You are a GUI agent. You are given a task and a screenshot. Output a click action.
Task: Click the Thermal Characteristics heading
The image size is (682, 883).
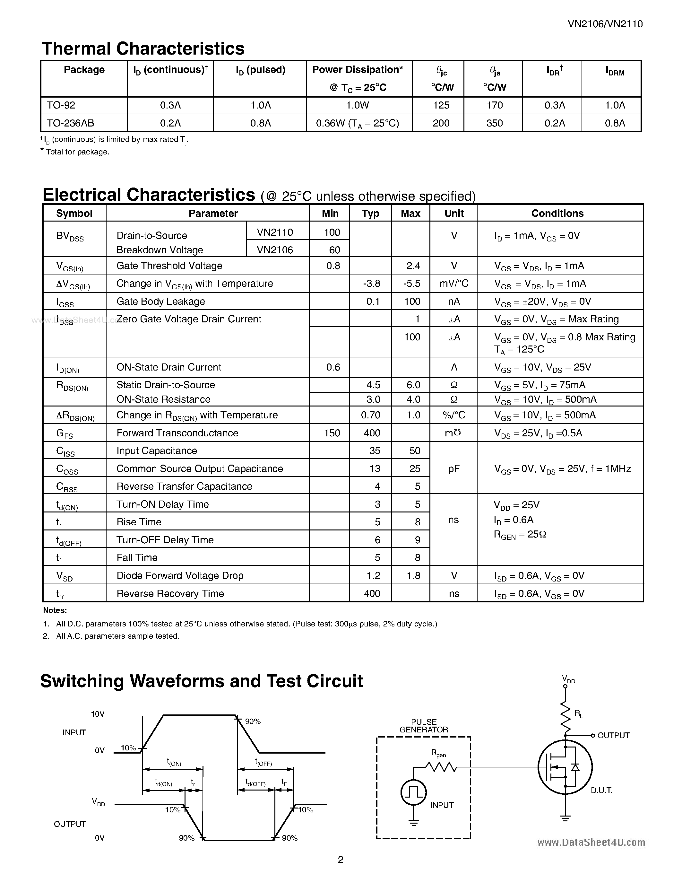[143, 48]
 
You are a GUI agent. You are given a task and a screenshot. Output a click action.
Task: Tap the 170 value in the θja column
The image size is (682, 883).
[495, 105]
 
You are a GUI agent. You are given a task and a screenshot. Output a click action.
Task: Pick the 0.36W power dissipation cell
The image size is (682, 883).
[358, 123]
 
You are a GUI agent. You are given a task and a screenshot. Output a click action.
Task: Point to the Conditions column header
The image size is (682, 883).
[557, 213]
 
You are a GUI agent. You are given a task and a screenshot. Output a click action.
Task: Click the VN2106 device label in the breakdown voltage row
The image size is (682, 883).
[275, 250]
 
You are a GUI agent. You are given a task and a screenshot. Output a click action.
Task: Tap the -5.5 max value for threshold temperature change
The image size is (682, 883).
[412, 284]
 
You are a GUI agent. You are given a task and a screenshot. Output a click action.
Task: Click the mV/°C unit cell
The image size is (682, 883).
[454, 284]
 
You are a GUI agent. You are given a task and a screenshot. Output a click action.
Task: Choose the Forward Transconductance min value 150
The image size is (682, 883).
[332, 433]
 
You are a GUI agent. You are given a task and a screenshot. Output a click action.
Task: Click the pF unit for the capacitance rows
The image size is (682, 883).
[454, 468]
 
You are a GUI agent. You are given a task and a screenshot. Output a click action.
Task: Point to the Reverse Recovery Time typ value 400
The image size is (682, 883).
[372, 593]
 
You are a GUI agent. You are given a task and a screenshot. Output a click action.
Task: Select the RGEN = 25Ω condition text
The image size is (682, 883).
[520, 535]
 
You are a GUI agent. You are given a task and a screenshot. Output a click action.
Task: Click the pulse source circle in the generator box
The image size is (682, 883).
[413, 792]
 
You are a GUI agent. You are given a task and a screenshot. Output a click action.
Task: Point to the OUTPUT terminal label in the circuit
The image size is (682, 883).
[613, 735]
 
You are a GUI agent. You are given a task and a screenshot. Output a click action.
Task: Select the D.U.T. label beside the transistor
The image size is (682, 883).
[601, 791]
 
